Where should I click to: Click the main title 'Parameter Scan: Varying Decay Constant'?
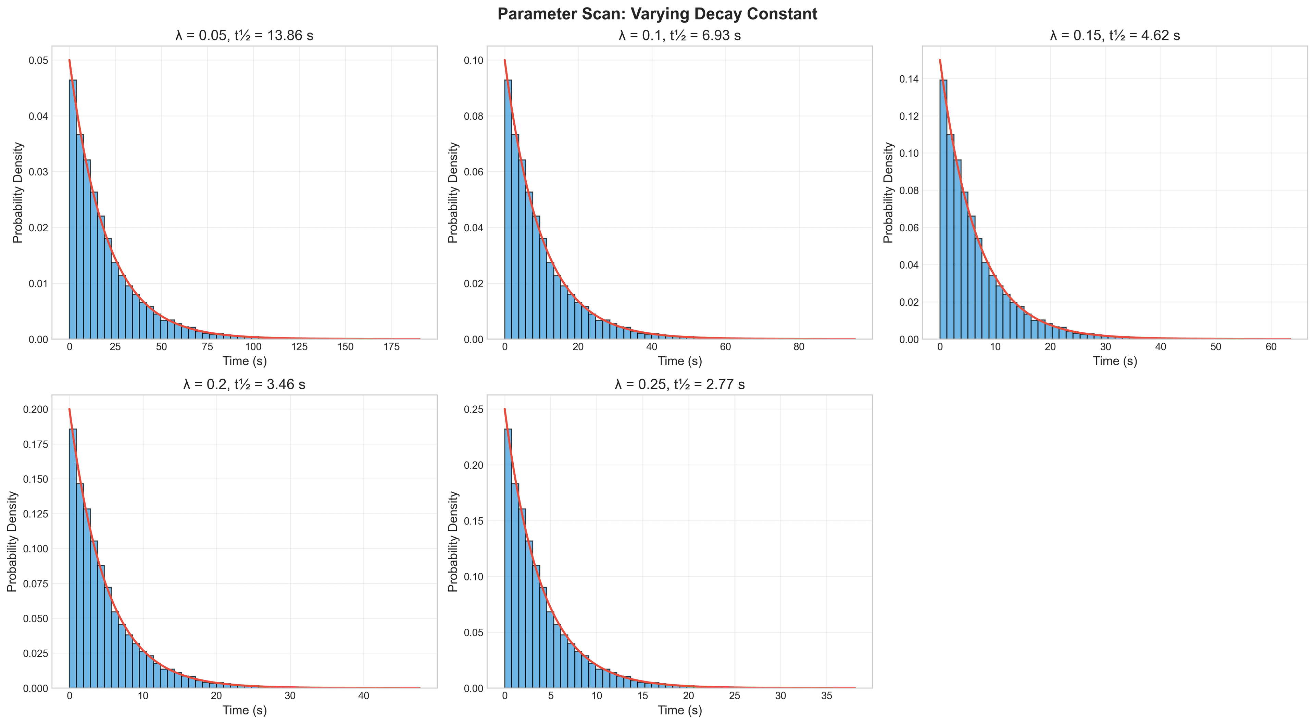[x=657, y=14]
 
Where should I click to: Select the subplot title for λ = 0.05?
[x=244, y=35]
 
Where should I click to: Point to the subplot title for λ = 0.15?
[x=1115, y=35]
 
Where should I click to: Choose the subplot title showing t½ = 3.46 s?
[x=244, y=384]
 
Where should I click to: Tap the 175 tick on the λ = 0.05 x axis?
[x=391, y=347]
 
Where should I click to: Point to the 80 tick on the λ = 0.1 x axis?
[x=799, y=347]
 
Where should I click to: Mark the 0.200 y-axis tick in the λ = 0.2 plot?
[x=36, y=409]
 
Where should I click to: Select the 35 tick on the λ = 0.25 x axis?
[x=826, y=696]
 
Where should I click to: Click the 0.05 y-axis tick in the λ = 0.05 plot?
[x=38, y=60]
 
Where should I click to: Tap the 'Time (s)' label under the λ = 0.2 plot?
[x=244, y=710]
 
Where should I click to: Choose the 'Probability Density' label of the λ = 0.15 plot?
[x=889, y=193]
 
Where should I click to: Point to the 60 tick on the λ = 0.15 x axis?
[x=1271, y=347]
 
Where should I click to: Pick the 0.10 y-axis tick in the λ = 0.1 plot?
[x=474, y=60]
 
